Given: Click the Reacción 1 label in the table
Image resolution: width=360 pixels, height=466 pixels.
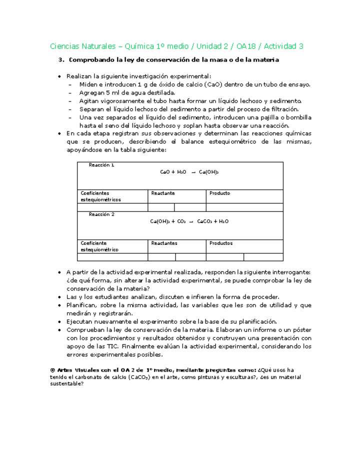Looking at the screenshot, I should coord(101,165).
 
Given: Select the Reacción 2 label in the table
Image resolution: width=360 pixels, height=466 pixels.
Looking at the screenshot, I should coord(101,214).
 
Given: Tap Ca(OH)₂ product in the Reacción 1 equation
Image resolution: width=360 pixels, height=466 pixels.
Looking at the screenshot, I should coord(208,172).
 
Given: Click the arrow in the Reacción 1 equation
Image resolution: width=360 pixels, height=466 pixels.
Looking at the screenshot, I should coord(192,172).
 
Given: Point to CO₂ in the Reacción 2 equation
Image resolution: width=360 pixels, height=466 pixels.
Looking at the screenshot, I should coord(181,221).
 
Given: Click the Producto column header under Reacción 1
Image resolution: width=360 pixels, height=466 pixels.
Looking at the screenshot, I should coord(219,193).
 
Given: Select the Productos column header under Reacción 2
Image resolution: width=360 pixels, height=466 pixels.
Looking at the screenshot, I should coord(220,243).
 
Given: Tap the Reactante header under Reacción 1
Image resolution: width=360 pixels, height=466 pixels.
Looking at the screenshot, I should coord(163,193).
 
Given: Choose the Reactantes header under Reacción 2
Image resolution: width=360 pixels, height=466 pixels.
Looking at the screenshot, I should coord(164,243).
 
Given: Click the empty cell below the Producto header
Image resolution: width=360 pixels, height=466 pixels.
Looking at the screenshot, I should coord(244,207).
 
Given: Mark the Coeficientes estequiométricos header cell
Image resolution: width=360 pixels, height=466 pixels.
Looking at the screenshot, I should coord(100,196).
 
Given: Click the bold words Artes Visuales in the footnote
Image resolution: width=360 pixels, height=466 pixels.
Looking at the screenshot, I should coord(74,369).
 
